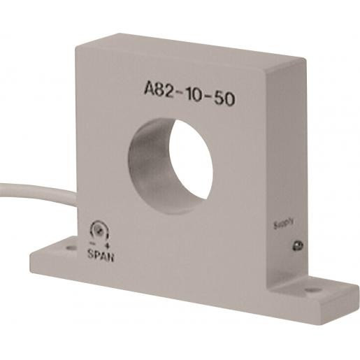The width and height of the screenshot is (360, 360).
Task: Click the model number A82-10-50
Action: coord(189,94)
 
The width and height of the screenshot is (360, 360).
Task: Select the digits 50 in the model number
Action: coord(223,99)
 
